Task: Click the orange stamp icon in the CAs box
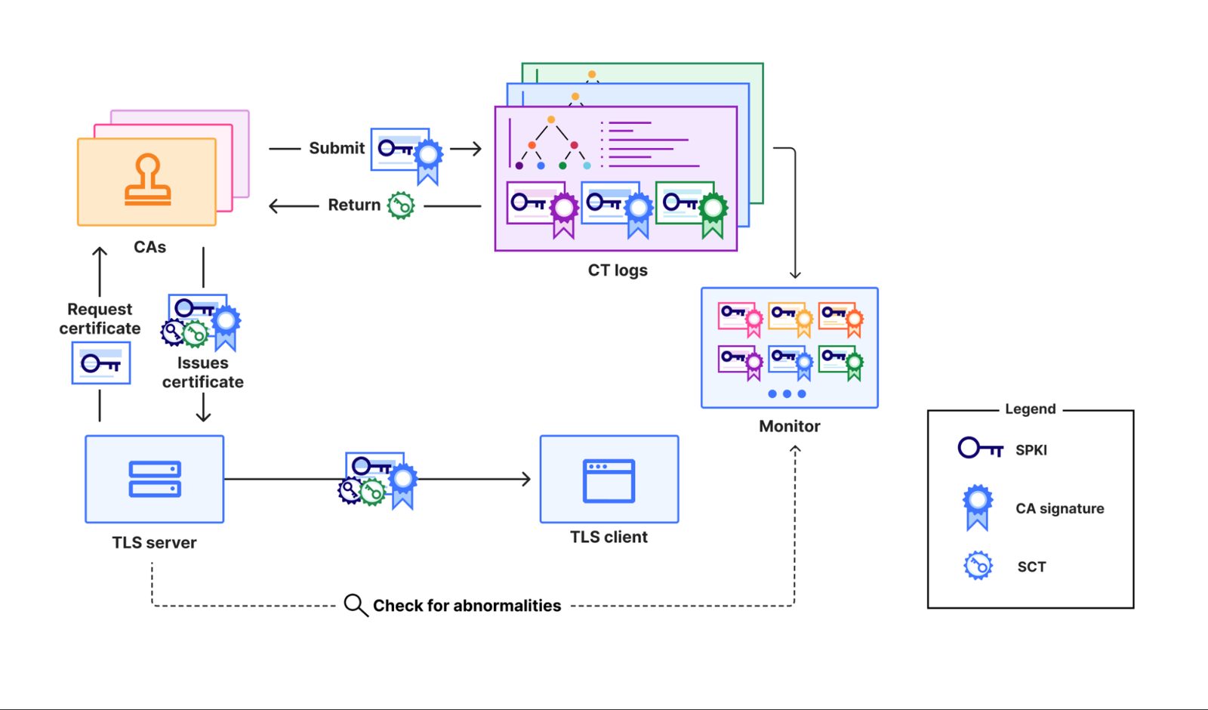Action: pos(148,180)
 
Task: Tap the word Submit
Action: pos(337,148)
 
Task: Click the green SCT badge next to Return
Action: pos(401,205)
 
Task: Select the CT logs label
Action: pos(618,270)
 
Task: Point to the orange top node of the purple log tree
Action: pos(550,119)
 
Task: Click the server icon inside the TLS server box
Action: pos(155,479)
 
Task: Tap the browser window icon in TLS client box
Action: pos(609,480)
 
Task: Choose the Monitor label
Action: pos(790,426)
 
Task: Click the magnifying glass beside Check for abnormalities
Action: pos(356,605)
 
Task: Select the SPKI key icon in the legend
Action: pos(980,449)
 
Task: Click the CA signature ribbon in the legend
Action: pos(977,507)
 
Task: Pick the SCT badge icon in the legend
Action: pos(978,566)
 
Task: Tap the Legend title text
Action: pos(1030,409)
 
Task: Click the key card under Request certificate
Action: pos(101,363)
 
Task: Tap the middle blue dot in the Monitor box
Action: pos(787,394)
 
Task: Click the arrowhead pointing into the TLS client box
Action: pos(525,479)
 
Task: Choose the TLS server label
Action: pos(154,542)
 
